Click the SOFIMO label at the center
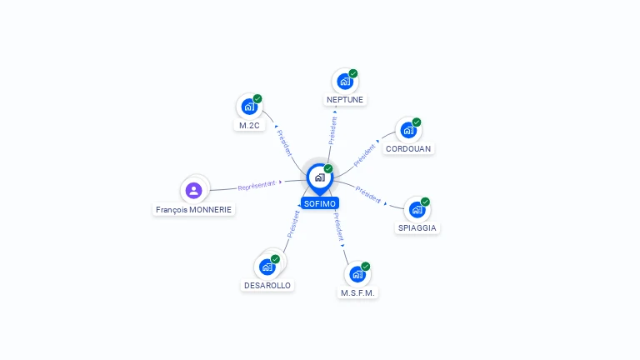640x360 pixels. (320, 203)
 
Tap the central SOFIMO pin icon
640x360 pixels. (319, 177)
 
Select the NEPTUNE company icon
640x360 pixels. (344, 82)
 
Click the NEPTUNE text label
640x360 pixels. (345, 99)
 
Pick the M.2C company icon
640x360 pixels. (248, 107)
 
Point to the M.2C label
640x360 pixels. (248, 125)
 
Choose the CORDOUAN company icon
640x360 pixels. (407, 130)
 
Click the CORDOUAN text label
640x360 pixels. (409, 148)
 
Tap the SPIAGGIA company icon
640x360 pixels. (416, 210)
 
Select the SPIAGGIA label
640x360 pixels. (417, 227)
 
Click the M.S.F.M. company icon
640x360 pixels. (357, 274)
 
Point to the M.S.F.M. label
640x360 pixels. (359, 292)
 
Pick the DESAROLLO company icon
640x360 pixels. (267, 267)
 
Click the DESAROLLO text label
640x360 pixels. (267, 285)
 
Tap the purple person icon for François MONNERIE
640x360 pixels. (194, 191)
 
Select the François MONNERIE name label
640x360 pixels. (194, 210)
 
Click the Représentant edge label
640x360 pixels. (257, 185)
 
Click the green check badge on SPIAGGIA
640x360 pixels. (425, 202)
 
